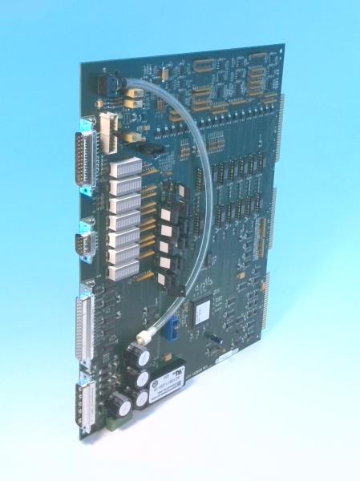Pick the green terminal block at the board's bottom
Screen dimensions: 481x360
pyautogui.click(x=115, y=426)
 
